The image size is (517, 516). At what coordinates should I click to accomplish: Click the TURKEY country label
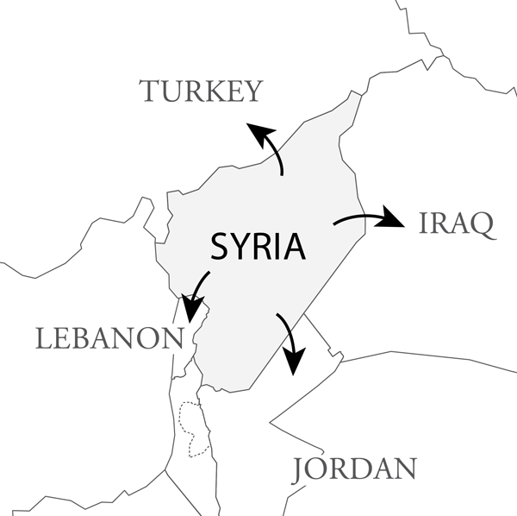tap(200, 91)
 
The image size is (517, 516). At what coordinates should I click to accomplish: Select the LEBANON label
tap(109, 337)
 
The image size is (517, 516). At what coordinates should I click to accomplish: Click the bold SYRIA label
tap(258, 248)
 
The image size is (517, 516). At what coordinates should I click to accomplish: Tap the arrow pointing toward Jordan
tap(290, 340)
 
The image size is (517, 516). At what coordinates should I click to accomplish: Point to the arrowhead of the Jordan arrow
tap(294, 362)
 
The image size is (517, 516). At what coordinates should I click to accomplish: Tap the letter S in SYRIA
tap(221, 248)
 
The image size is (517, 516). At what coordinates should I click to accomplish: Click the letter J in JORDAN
tap(300, 470)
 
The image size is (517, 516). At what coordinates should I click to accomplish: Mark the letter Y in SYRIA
tap(241, 248)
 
